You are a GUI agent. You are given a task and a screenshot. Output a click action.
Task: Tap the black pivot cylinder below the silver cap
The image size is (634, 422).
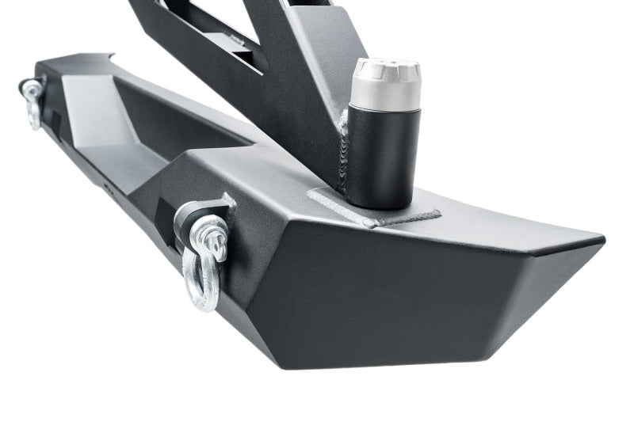[x=384, y=158]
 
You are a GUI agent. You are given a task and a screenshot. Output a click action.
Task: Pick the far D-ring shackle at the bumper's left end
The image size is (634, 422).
[x=32, y=101]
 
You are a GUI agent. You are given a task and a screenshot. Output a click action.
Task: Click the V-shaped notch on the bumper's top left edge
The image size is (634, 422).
[x=109, y=56]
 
